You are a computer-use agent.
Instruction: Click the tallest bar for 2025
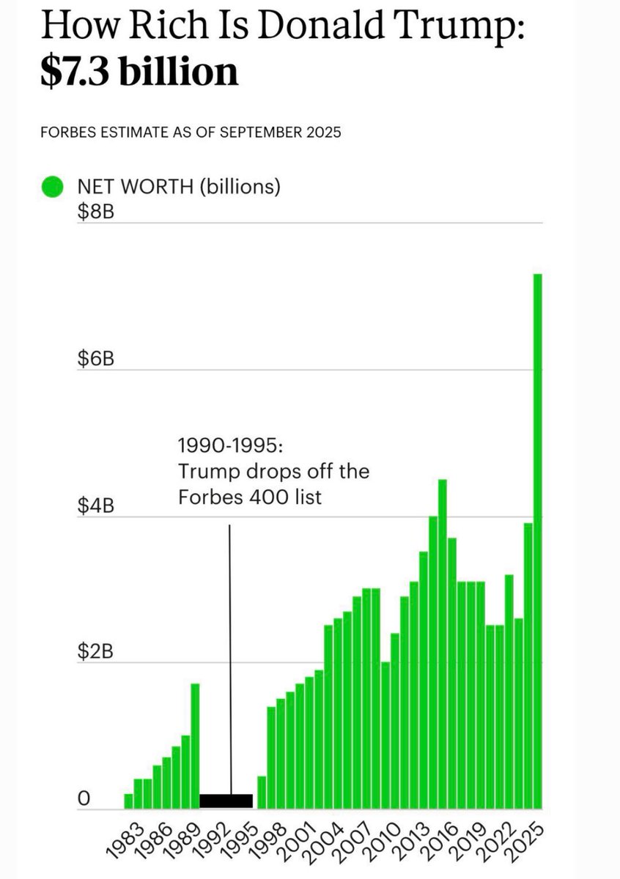click(x=537, y=542)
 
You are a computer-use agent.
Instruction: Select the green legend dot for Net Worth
click(x=52, y=188)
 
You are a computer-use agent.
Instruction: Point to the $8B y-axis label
click(x=95, y=214)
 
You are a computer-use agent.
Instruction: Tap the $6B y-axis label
click(x=95, y=361)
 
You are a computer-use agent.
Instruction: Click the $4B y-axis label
click(x=95, y=508)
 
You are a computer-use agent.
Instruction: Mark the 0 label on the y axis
click(x=84, y=800)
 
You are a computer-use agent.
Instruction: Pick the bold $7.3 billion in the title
click(x=139, y=72)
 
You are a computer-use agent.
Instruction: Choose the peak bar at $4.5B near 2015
click(x=442, y=645)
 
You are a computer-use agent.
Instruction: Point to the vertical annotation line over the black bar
click(x=230, y=659)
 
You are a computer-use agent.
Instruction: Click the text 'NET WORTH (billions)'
click(x=179, y=188)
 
